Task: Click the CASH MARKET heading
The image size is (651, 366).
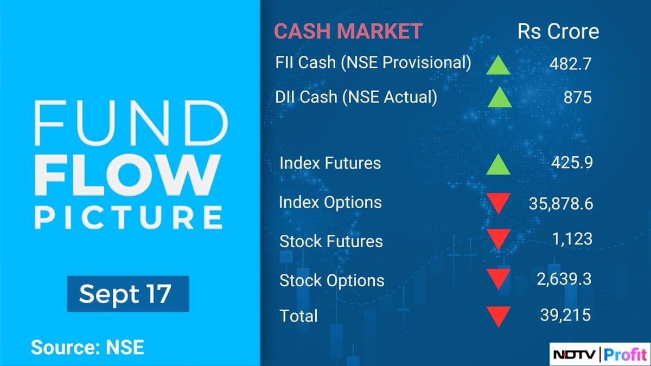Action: pos(348,31)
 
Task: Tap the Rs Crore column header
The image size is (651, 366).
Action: pos(558,31)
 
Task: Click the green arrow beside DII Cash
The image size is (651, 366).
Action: pos(499,98)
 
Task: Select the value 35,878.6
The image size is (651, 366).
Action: pos(560,204)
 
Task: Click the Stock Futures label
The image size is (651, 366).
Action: pos(331,241)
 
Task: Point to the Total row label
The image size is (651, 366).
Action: pos(298,316)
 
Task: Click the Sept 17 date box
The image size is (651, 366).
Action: pos(128,294)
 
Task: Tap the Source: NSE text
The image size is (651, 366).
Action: pos(87,347)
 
